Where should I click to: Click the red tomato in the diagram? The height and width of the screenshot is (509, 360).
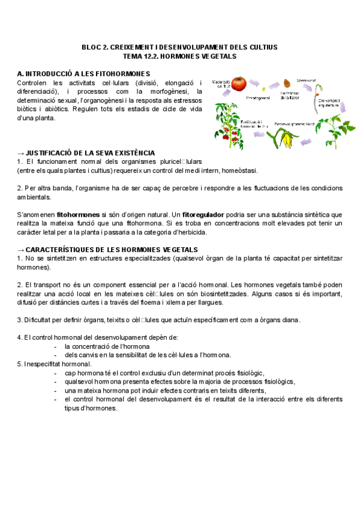pyautogui.click(x=239, y=83)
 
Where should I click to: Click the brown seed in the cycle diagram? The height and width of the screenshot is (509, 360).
pyautogui.click(x=287, y=83)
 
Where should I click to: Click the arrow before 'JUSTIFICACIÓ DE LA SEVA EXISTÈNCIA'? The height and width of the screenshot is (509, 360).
pyautogui.click(x=21, y=153)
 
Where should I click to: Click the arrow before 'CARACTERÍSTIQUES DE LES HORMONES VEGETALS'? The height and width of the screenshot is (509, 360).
pyautogui.click(x=21, y=249)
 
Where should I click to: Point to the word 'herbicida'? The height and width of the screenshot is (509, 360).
pyautogui.click(x=191, y=232)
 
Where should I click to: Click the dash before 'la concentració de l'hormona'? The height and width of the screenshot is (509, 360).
pyautogui.click(x=55, y=346)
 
